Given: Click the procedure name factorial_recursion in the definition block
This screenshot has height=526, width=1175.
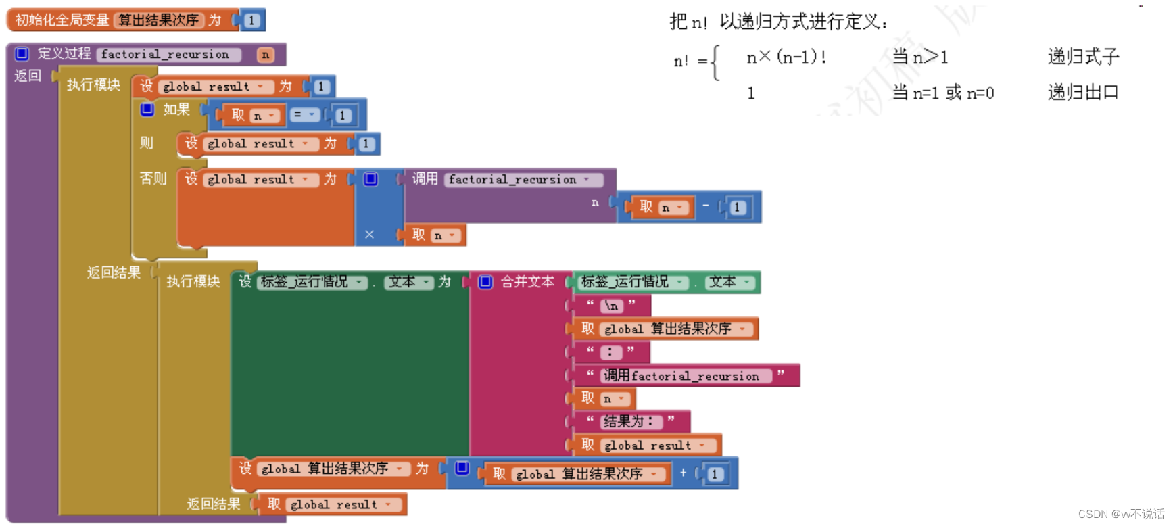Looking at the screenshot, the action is (x=165, y=55).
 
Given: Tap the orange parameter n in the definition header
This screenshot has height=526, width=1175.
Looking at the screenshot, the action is (x=266, y=55).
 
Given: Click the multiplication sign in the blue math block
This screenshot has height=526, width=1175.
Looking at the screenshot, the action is (x=369, y=235).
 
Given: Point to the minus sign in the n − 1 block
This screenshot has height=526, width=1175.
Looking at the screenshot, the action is (x=706, y=206).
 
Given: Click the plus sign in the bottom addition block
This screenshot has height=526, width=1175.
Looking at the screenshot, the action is (x=684, y=473).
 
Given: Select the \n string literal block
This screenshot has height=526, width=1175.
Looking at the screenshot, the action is (x=612, y=306).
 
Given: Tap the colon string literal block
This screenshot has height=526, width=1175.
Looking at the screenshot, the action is (x=610, y=352).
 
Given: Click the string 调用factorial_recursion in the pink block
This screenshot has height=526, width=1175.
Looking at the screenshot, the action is (x=681, y=376).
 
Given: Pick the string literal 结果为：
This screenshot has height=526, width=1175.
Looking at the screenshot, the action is (x=629, y=422).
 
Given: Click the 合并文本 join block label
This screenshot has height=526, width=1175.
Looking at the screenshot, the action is (x=527, y=282).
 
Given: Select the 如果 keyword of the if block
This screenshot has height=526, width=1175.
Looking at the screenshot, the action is (x=176, y=110).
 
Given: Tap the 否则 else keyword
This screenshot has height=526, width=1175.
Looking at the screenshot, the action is (x=153, y=178).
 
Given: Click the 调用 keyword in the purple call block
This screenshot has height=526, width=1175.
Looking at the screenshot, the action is (x=425, y=178).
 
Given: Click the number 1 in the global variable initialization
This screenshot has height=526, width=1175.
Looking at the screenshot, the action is (x=251, y=20).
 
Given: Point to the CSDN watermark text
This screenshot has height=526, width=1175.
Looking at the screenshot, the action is (x=1121, y=515).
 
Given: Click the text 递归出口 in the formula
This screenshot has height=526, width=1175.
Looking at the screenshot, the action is (x=1083, y=93).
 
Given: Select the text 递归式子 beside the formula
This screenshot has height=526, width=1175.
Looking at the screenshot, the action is (x=1083, y=57).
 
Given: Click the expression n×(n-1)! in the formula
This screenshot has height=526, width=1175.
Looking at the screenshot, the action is (x=786, y=57).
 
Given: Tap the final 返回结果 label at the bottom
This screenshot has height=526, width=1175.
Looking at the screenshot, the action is (x=214, y=504).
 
